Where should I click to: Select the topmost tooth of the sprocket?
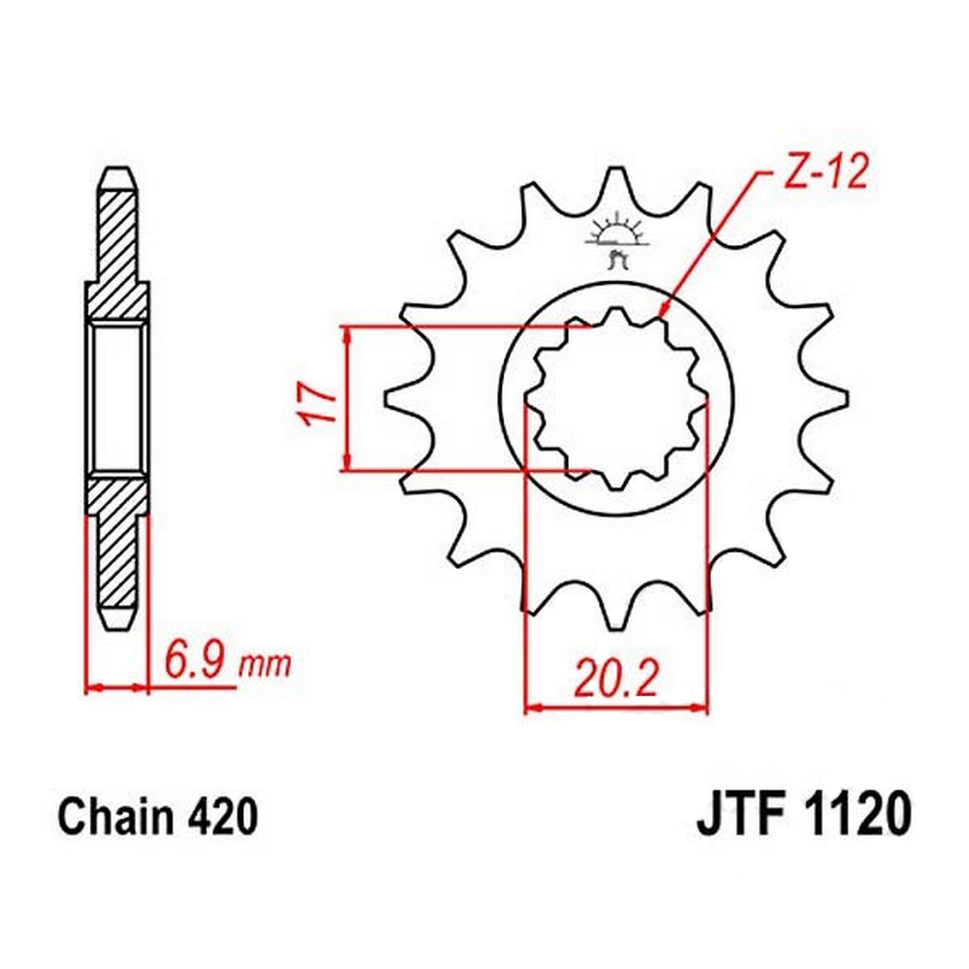tap(615, 184)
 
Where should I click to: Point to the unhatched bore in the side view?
tap(117, 399)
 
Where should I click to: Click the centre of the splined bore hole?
tap(616, 399)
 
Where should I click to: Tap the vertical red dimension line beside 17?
tap(345, 399)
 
